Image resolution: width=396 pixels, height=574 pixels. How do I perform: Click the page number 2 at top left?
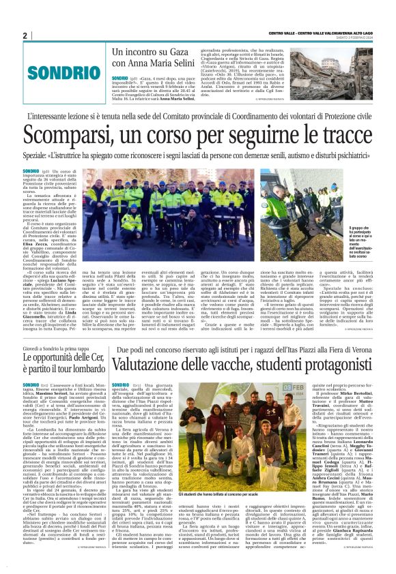point(25,35)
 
